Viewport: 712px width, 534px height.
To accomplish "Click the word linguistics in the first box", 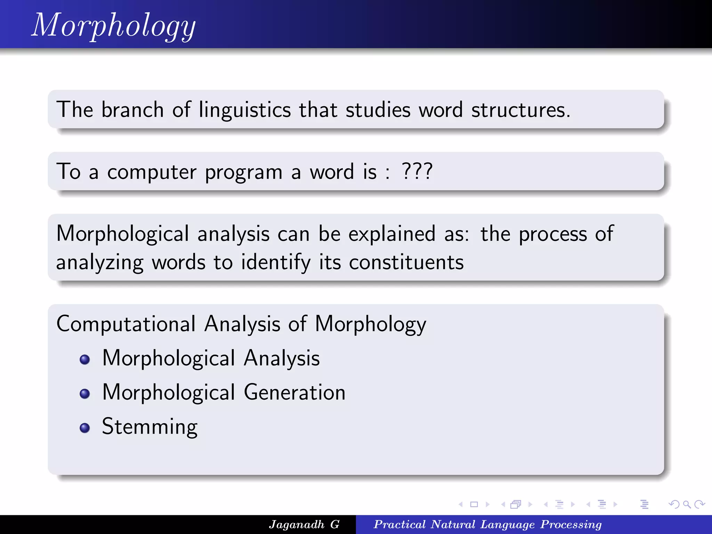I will (245, 110).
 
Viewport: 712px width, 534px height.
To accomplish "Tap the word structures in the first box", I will (520, 110).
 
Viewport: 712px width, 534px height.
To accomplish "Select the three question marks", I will (417, 171).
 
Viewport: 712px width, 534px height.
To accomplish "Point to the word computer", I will (152, 172).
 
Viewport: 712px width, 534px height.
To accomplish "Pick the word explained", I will (392, 234).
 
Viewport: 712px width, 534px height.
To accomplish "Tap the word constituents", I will (406, 262).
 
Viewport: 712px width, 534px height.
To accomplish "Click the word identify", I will (276, 262).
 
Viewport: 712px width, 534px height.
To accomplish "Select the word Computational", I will (126, 324).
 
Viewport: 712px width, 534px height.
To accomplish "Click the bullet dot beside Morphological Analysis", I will (84, 359).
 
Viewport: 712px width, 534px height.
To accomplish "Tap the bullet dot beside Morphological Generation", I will (84, 394).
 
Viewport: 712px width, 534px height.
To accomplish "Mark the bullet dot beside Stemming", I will (84, 428).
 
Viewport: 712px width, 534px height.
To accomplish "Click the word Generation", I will (294, 393).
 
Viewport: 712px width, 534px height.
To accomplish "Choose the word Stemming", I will (150, 427).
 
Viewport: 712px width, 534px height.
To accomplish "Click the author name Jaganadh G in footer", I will (304, 524).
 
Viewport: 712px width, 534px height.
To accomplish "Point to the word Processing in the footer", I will (571, 524).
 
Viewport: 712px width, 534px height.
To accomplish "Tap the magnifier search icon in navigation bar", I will (687, 504).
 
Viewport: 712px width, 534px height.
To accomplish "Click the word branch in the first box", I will (132, 110).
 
